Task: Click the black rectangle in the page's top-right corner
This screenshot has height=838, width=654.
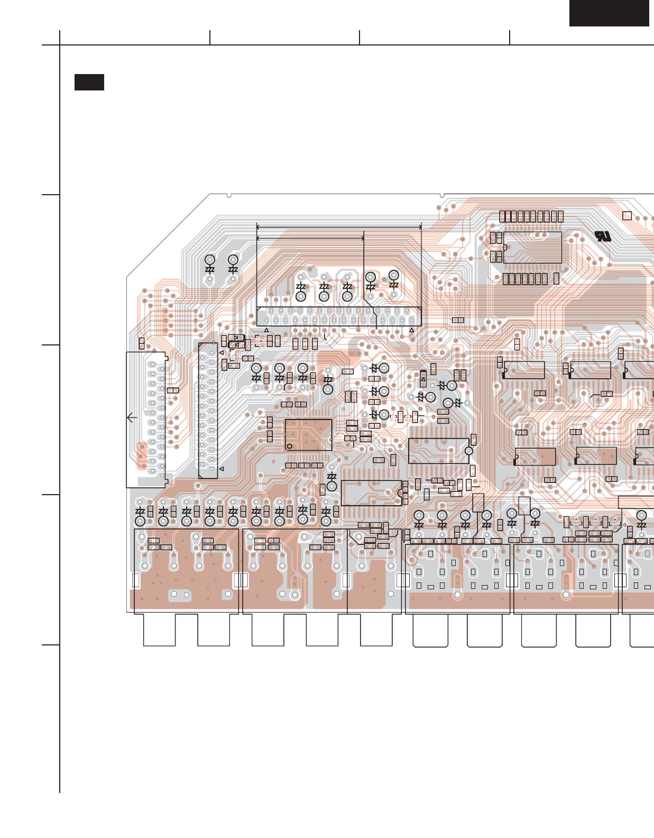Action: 609,13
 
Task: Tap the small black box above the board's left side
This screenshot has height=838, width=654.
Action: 89,83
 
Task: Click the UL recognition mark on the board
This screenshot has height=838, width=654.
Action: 602,236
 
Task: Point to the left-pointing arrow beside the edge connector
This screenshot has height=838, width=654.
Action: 132,417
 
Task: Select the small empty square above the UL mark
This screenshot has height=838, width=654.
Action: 627,216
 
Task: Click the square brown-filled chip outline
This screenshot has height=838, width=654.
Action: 308,435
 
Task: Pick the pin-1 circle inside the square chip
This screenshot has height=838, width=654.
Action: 290,446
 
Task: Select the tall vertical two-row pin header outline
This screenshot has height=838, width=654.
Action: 208,411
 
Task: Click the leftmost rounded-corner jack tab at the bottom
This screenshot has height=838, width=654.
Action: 430,630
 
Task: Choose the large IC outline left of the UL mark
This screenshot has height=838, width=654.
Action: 532,247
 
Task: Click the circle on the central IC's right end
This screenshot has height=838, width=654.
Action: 468,451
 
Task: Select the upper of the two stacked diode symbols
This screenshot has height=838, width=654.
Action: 236,338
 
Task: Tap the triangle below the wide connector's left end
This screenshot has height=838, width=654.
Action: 266,330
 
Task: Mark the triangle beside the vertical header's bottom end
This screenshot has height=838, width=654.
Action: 222,469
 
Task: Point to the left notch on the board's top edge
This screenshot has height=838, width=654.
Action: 229,196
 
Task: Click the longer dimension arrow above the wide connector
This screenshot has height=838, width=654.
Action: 338,227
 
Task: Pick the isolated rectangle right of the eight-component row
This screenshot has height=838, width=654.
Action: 556,279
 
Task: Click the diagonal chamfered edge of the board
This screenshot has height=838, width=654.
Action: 168,235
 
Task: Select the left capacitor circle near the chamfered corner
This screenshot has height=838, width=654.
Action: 210,260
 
